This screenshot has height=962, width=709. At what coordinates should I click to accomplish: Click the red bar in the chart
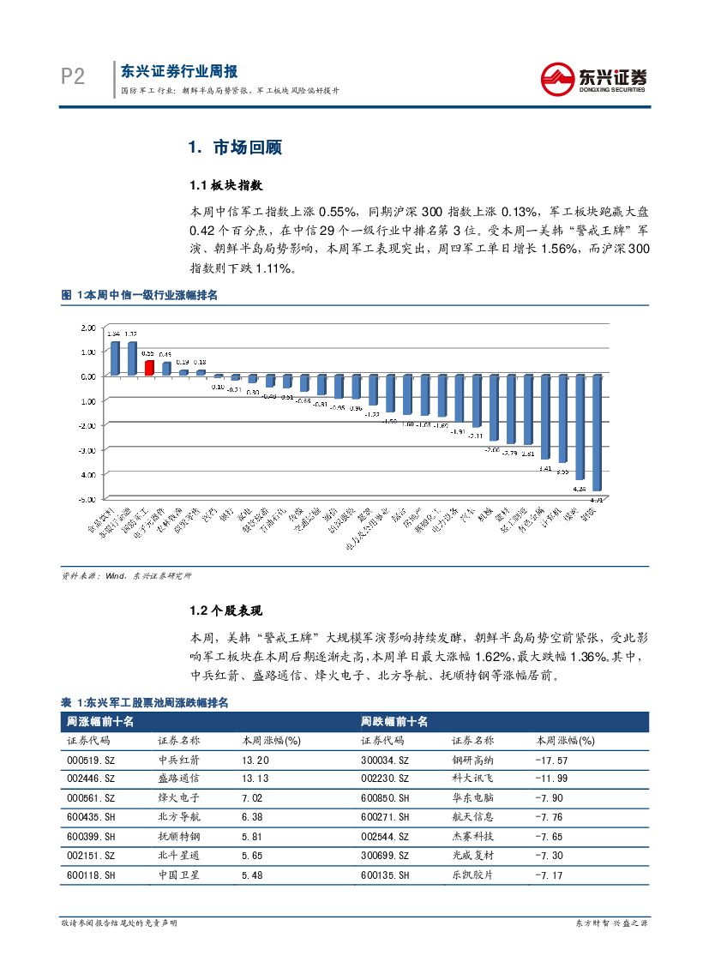click(149, 368)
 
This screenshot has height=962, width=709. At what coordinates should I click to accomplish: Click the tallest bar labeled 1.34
click(115, 358)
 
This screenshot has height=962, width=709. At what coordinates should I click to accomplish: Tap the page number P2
click(74, 78)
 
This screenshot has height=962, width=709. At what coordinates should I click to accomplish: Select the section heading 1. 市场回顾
click(235, 147)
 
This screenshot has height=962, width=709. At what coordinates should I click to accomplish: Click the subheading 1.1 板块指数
click(225, 185)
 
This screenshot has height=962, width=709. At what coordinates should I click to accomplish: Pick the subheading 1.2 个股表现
click(225, 611)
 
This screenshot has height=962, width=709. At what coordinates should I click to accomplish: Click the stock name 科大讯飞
click(472, 779)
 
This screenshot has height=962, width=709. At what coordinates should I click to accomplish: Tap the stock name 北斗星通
click(178, 857)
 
